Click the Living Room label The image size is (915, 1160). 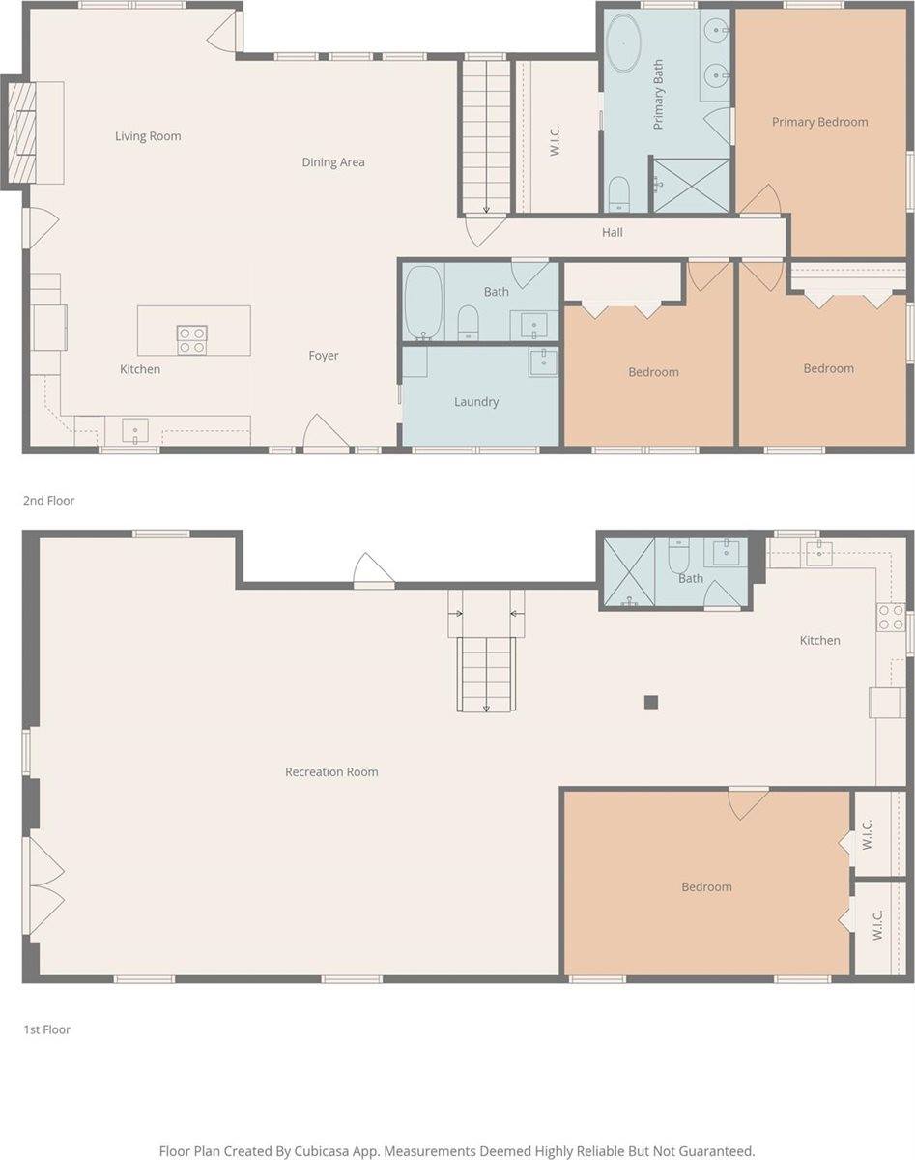[x=148, y=136]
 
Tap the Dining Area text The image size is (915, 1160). [x=333, y=162]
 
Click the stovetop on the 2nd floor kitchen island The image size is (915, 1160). [x=191, y=339]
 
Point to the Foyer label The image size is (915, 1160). [x=324, y=356]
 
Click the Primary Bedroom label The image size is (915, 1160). [x=819, y=122]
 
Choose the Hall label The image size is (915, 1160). [x=613, y=232]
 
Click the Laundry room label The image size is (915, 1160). [x=476, y=402]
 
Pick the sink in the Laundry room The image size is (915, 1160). [x=543, y=362]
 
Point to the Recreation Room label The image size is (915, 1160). [x=331, y=772]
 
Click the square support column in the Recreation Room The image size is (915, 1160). [x=652, y=703]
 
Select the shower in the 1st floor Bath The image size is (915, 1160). [x=629, y=572]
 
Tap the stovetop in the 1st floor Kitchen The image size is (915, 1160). [x=890, y=618]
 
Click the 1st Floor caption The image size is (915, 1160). [x=47, y=1030]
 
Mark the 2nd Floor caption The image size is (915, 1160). [x=49, y=501]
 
